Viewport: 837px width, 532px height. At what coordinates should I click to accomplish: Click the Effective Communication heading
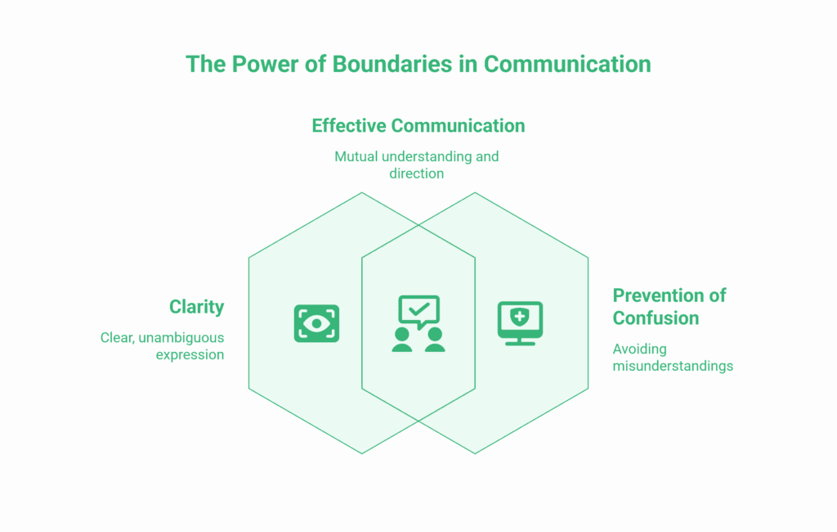pos(418,125)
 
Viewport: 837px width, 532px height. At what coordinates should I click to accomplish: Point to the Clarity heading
pos(196,307)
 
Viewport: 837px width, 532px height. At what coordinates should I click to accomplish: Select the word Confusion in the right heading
pos(656,318)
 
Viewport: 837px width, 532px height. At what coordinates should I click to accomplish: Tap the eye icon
pos(316,323)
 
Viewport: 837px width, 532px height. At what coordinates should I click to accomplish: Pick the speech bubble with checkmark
pos(418,311)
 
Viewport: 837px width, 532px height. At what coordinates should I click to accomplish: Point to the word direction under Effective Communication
pos(416,174)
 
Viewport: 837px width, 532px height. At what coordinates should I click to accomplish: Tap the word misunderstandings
pos(673,366)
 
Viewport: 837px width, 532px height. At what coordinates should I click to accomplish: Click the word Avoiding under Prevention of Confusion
pos(639,349)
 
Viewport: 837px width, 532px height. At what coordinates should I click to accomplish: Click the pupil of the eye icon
pos(316,323)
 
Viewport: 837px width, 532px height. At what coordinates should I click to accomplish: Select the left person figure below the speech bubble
pos(402,340)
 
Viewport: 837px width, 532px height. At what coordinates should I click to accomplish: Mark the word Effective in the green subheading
pos(349,125)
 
